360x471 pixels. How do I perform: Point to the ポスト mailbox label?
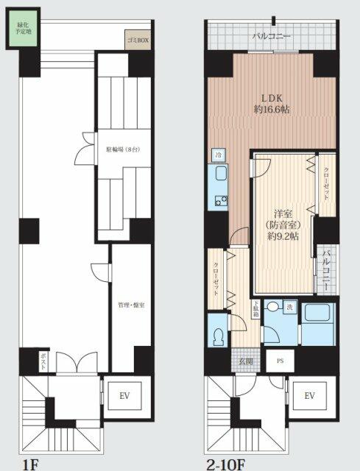[x=43, y=362]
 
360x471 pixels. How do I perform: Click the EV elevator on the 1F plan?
[x=124, y=396]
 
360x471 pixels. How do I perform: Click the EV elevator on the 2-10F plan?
[x=309, y=396]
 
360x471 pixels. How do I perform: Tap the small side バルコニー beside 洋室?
[x=324, y=269]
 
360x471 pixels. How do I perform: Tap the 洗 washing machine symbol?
[x=291, y=306]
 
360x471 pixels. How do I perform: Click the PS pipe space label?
[x=280, y=361]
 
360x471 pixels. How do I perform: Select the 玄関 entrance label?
[x=246, y=361]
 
